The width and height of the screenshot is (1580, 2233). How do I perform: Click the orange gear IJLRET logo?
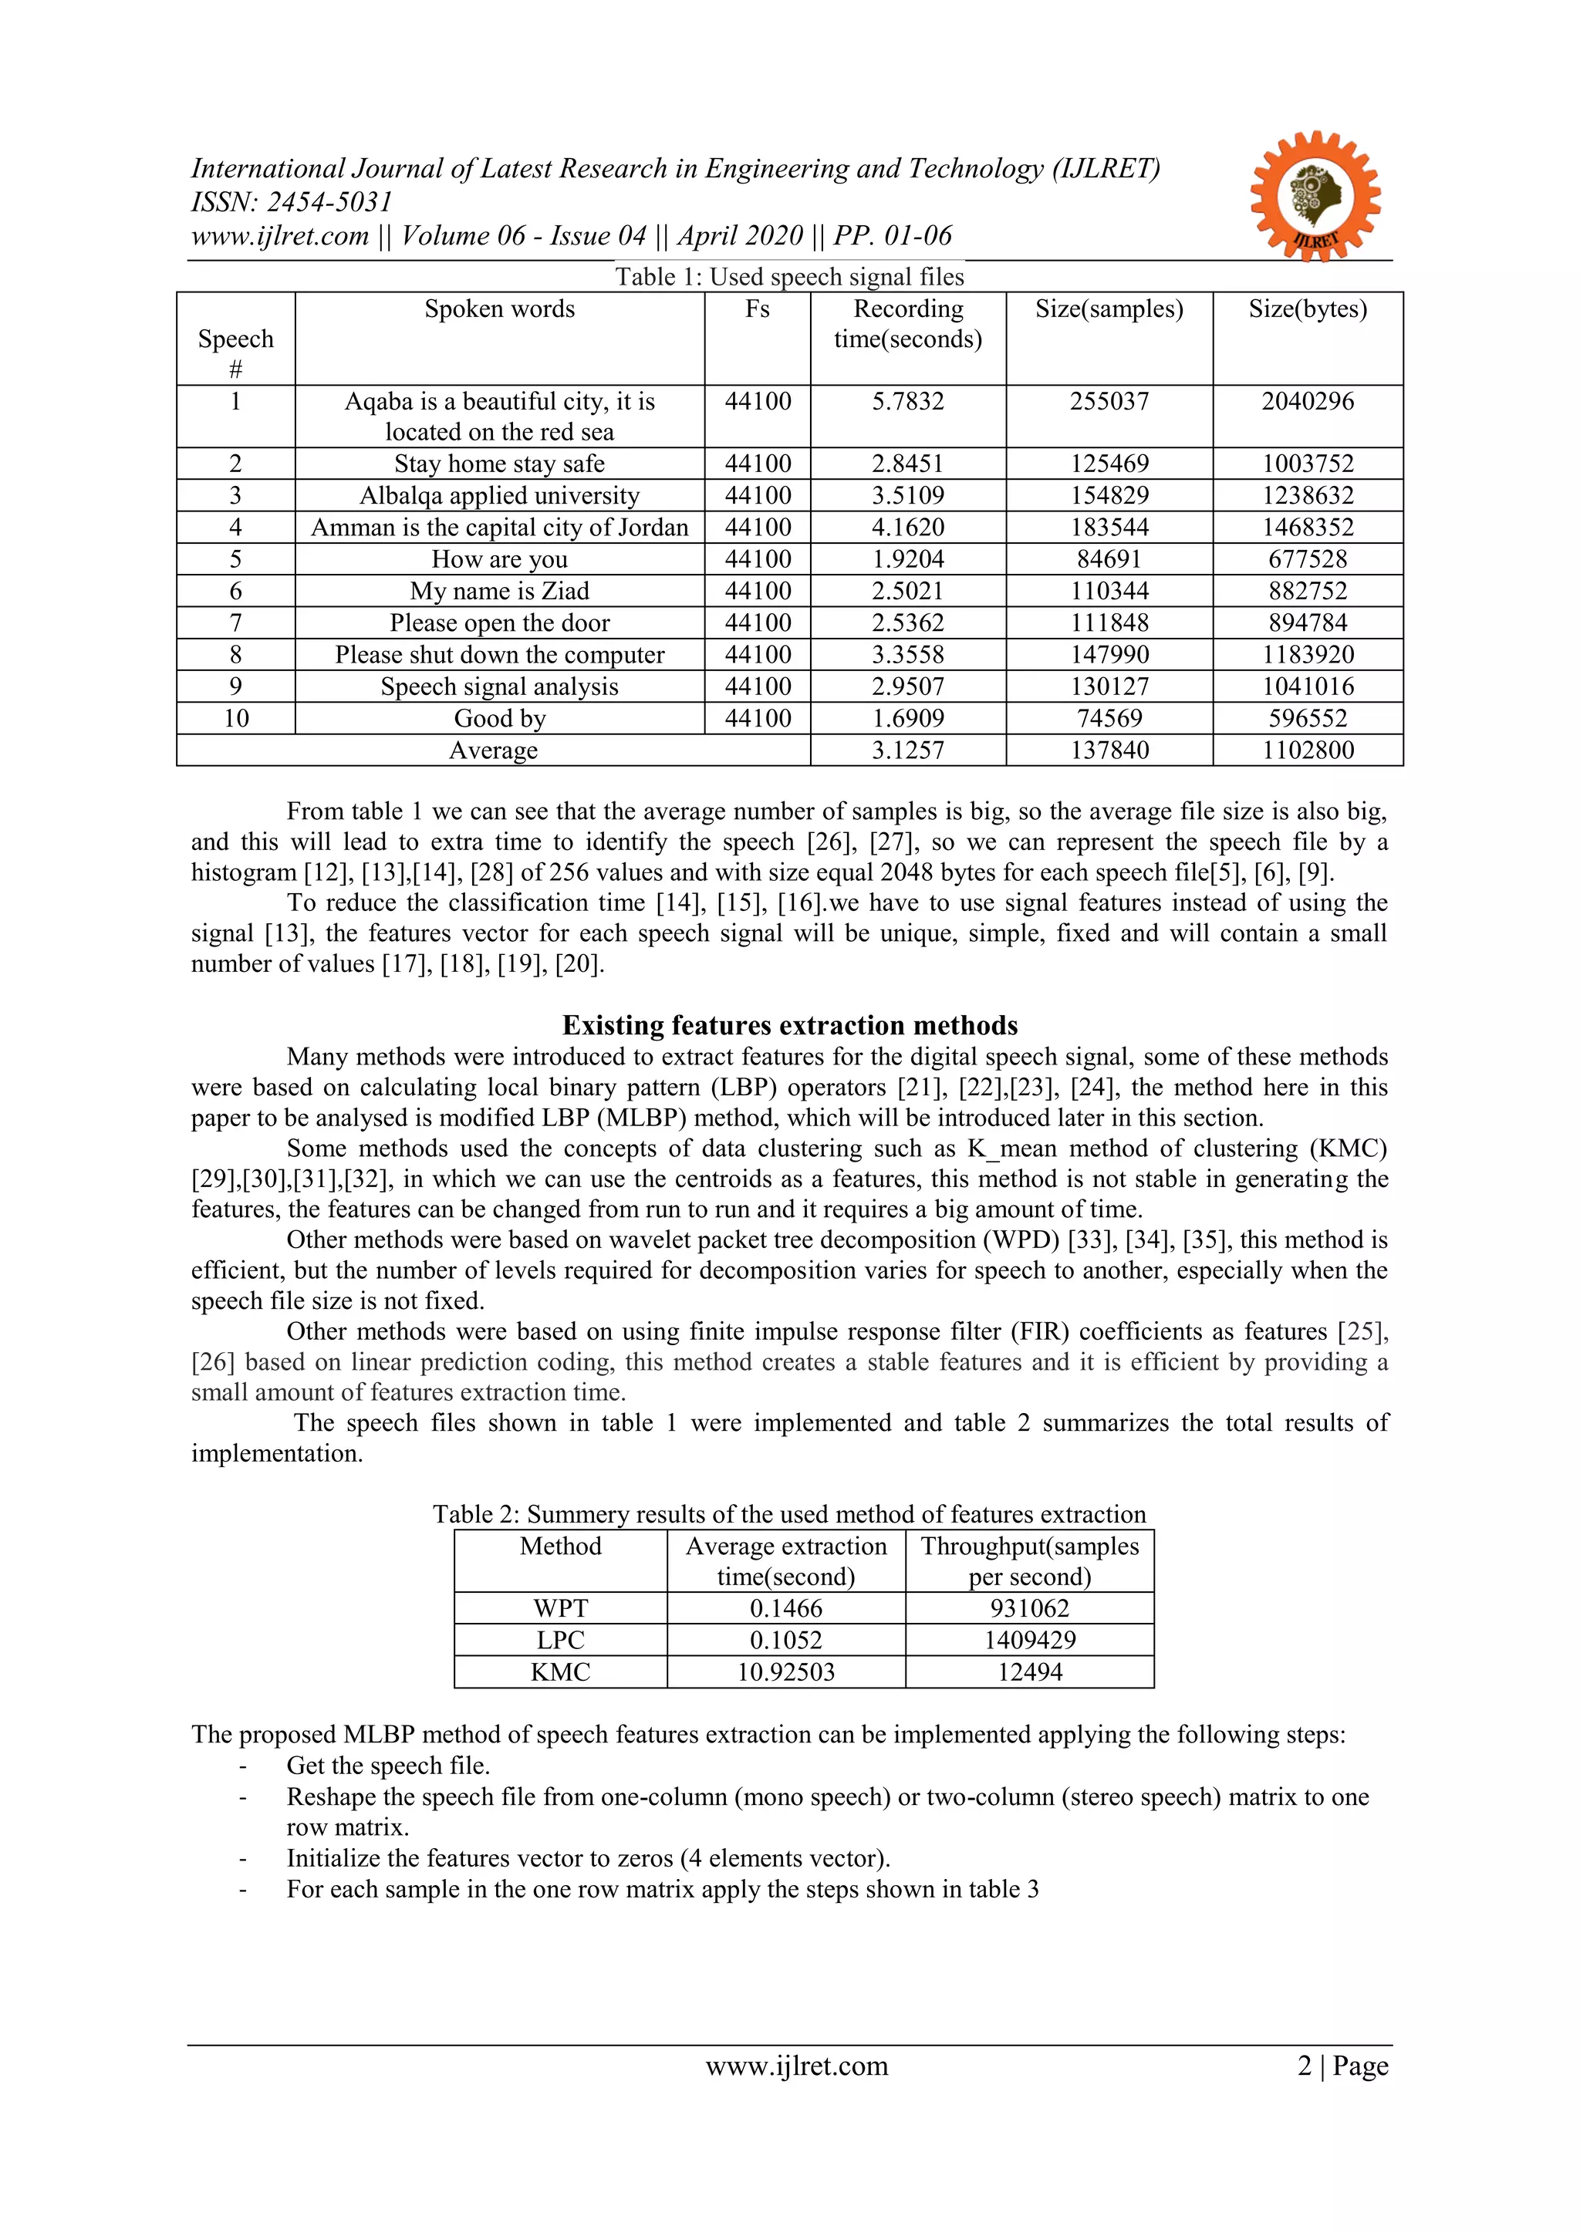[1315, 195]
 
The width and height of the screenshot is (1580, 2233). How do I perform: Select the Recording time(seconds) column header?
[908, 324]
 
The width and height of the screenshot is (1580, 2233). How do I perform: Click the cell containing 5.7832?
[908, 402]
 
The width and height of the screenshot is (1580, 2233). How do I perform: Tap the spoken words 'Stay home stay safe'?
[499, 464]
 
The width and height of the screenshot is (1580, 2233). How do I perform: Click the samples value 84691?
[1109, 559]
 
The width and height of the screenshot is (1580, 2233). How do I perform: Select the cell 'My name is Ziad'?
[499, 592]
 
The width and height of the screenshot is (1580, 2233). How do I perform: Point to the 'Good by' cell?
[499, 719]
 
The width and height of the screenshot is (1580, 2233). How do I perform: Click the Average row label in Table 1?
[493, 751]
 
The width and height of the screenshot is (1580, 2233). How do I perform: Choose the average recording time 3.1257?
[908, 751]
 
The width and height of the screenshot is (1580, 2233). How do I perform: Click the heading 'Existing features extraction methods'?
[790, 1025]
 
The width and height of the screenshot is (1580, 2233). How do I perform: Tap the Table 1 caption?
[789, 277]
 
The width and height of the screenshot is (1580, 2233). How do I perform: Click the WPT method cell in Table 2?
[560, 1609]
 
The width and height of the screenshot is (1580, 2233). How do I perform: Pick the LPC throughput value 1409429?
[1029, 1641]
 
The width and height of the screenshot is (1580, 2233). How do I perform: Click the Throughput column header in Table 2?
[1029, 1561]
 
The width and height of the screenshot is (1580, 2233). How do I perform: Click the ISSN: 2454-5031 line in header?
[292, 202]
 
